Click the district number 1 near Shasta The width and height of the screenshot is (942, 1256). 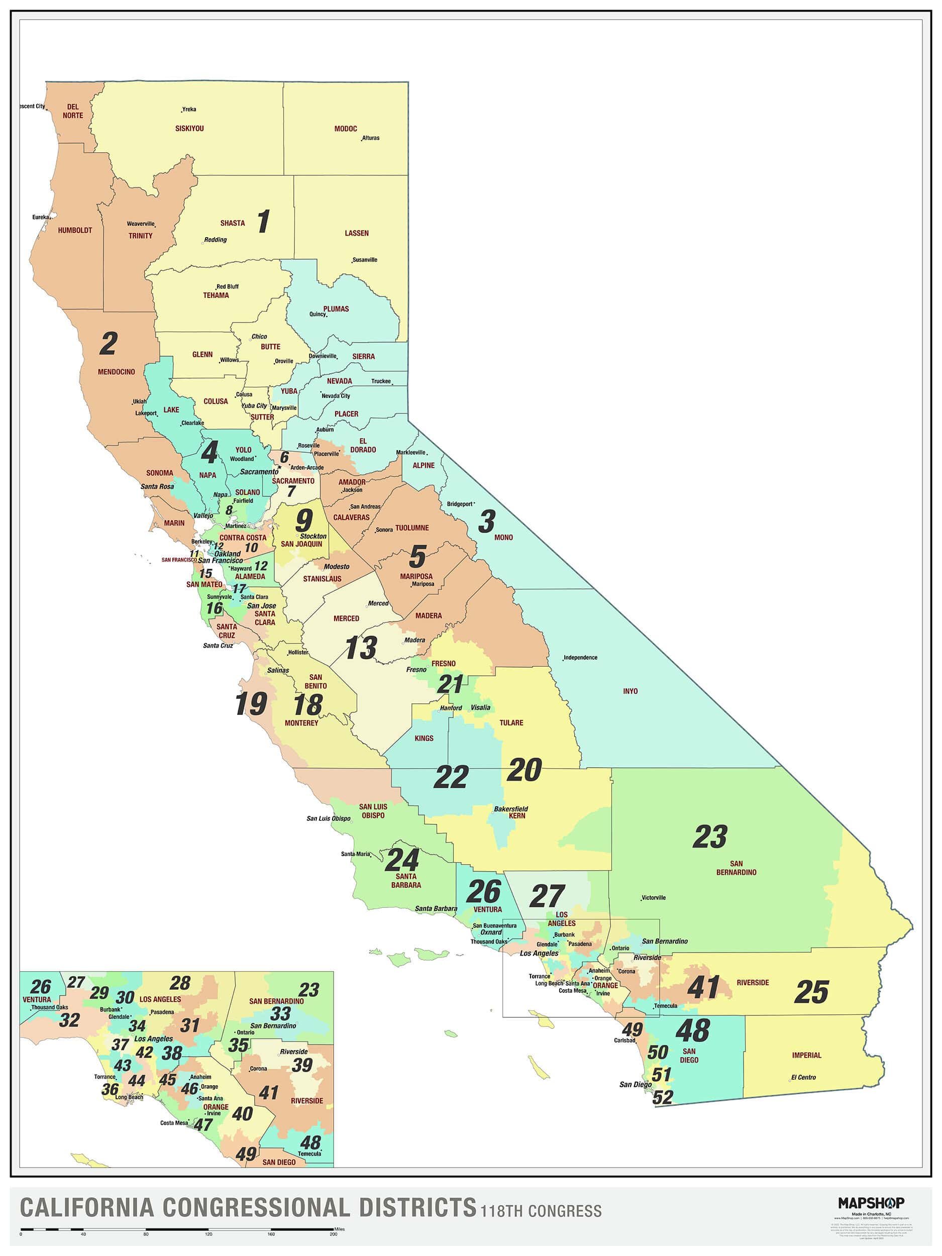[263, 222]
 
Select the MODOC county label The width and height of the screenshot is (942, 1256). [345, 129]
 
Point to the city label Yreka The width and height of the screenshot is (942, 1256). [189, 109]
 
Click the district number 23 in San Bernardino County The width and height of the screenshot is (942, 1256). [710, 837]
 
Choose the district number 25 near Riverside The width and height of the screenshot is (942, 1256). [811, 992]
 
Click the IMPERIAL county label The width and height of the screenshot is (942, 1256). [806, 1055]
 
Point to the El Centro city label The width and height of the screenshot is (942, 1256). [803, 1077]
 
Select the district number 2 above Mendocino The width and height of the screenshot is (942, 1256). [109, 344]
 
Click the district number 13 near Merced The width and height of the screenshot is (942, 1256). [361, 648]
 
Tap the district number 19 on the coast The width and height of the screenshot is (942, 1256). [251, 704]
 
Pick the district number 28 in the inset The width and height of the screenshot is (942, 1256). [180, 982]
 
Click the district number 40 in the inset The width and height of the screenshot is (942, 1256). [243, 1113]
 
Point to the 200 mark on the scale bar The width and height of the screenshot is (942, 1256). [333, 1234]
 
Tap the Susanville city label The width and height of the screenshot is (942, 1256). [365, 260]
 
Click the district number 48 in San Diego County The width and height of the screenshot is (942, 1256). [693, 1030]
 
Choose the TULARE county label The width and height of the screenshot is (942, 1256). [511, 723]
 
